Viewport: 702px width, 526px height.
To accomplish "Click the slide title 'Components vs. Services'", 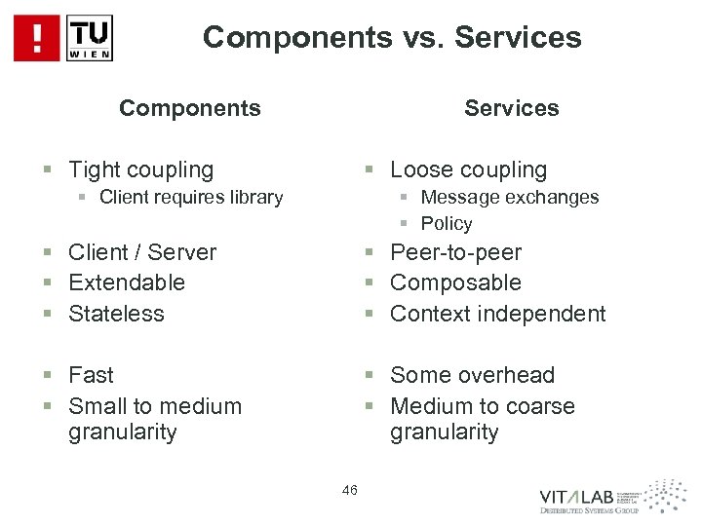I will click(392, 37).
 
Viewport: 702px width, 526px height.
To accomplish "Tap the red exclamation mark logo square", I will click(36, 38).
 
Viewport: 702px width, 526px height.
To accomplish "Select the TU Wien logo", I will click(90, 38).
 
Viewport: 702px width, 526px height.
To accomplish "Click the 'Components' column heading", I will click(190, 107).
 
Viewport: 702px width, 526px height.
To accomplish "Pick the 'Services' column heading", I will click(512, 107).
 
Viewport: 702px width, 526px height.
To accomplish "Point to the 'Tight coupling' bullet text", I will click(140, 169).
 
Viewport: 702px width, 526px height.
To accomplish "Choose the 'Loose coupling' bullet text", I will click(468, 169).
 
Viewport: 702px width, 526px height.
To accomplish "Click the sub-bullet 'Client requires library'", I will click(191, 198).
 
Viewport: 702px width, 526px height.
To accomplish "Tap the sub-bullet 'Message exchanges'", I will click(510, 197).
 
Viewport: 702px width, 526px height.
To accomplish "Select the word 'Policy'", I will click(447, 223).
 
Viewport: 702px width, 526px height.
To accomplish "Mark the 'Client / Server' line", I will click(142, 252).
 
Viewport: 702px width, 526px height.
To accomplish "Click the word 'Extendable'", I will click(127, 282).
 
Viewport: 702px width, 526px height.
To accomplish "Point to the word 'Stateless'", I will click(116, 314).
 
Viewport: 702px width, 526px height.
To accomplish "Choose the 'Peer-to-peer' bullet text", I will click(455, 252).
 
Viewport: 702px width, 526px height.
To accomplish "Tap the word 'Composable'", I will click(455, 282).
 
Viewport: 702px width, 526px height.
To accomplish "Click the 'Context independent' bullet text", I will click(497, 314).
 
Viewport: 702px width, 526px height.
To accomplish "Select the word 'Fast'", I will click(91, 375).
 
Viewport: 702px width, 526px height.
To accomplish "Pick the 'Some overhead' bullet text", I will click(472, 375).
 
